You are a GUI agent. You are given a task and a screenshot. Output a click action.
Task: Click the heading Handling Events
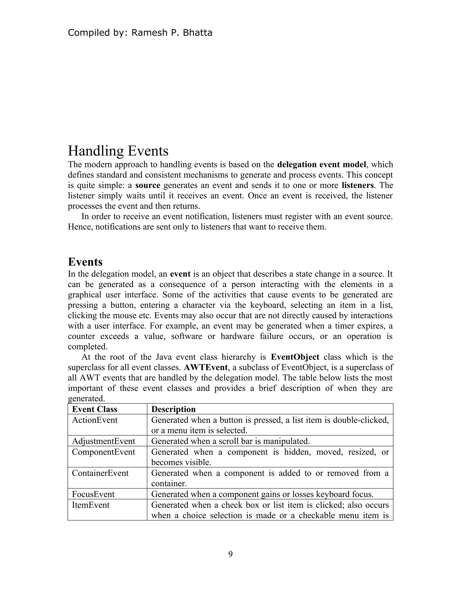point(118,151)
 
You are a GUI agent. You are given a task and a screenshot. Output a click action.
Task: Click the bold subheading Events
point(85,262)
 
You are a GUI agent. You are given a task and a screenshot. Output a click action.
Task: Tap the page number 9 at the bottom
point(230,554)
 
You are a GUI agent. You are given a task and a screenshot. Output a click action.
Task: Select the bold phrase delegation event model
point(321,165)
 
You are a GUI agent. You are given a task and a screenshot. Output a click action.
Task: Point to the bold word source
point(148,185)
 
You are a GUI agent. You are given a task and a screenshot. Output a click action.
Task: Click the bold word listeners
point(357,185)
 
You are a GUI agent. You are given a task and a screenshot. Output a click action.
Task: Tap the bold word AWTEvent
point(206,367)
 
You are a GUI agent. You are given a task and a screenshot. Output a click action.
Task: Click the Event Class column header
point(95,409)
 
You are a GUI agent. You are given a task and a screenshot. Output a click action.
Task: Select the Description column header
point(173,409)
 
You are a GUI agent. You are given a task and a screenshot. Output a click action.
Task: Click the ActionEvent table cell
point(95,420)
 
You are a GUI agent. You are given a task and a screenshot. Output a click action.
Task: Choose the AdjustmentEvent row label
point(104,441)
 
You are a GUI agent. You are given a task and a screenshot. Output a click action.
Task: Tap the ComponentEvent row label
point(104,452)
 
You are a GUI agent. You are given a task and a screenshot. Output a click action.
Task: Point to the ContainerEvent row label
point(100,473)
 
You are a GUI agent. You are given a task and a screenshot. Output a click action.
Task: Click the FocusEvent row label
point(93,494)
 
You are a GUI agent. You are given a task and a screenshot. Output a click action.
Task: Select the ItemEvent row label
point(91,505)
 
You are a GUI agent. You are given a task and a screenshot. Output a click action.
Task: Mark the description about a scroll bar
point(230,441)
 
